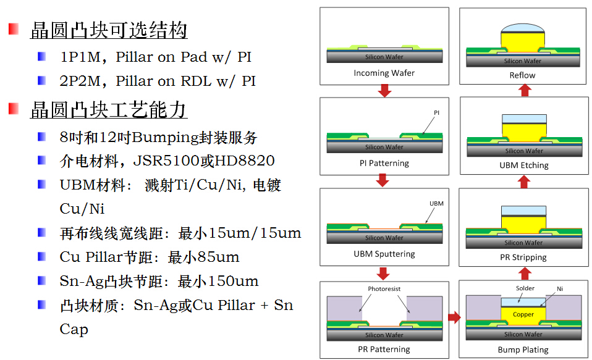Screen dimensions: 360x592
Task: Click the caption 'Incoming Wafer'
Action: [x=384, y=73]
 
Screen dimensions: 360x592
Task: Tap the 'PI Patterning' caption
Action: [x=384, y=164]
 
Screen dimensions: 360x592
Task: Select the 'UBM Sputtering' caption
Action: [x=384, y=254]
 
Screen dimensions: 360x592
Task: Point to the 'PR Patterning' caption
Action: [x=384, y=350]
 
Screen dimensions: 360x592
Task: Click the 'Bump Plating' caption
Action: [x=523, y=350]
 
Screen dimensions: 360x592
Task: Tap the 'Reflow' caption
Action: [x=523, y=75]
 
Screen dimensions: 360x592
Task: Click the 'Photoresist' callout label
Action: [x=384, y=289]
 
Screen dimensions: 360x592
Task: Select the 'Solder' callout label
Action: [x=525, y=288]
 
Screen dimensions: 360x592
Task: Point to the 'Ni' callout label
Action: [x=560, y=288]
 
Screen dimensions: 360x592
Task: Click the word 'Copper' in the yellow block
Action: [x=523, y=314]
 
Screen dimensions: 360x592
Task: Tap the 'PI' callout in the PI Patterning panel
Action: [x=436, y=113]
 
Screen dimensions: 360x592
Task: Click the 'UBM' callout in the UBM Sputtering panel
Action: [x=436, y=204]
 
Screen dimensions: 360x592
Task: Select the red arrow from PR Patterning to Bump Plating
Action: [x=454, y=317]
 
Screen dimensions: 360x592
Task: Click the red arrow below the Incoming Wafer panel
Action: [x=384, y=91]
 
